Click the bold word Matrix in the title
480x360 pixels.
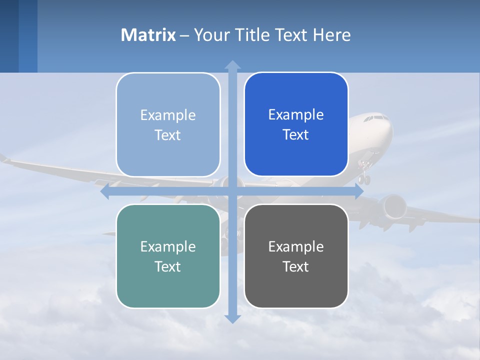(x=148, y=35)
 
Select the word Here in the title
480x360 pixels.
(x=331, y=35)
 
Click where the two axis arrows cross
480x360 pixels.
(x=232, y=191)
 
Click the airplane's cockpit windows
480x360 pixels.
(x=375, y=118)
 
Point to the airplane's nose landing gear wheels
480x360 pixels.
(x=365, y=178)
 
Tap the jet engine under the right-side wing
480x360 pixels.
(x=392, y=205)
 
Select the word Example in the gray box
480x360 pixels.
(x=296, y=246)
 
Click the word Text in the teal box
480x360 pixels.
(x=168, y=266)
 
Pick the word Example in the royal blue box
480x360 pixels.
(x=296, y=114)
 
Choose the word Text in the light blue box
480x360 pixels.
(x=168, y=135)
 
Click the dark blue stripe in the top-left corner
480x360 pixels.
(x=9, y=36)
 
